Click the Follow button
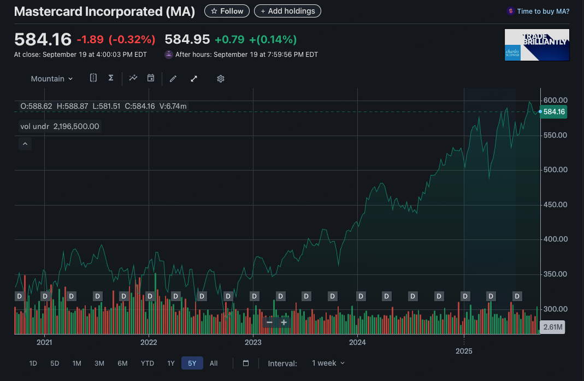227,11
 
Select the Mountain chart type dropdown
51,79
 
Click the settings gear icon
221,79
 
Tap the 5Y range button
192,363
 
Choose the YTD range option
148,363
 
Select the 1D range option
33,363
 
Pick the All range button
214,363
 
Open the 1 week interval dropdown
328,363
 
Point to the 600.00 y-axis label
556,100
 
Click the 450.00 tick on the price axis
556,204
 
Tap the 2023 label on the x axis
253,343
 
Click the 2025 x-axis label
464,351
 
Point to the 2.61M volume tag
552,327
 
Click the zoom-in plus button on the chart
284,323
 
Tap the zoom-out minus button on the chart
269,323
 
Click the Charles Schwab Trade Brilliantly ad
537,45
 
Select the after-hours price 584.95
187,39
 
